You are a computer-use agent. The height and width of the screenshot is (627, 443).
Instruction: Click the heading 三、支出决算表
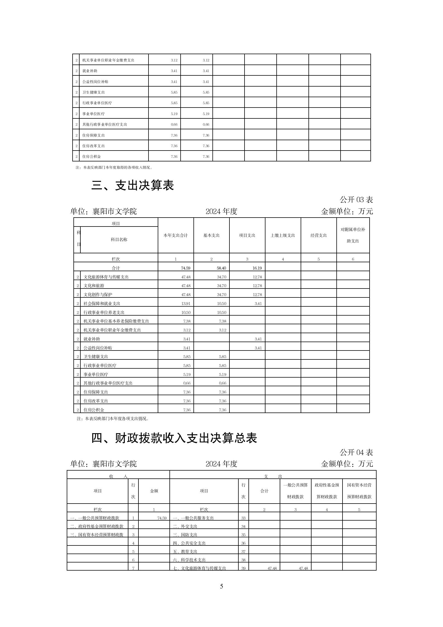[x=133, y=185]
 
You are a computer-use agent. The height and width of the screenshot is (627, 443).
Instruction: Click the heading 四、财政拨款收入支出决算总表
[x=174, y=438]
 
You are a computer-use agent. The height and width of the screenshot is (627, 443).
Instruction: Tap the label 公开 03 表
[x=356, y=200]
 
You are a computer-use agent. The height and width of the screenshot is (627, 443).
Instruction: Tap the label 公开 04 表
[x=356, y=452]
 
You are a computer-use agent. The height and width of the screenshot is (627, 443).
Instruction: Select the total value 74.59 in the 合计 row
[x=185, y=268]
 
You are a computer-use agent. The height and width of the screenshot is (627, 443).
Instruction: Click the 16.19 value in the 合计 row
[x=257, y=268]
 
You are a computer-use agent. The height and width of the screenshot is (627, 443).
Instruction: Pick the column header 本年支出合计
[x=176, y=235]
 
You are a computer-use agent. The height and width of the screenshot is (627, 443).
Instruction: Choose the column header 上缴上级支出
[x=283, y=235]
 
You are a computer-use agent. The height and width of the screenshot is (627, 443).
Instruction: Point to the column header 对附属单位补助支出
[x=353, y=235]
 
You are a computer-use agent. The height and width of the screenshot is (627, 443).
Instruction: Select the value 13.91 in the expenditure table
[x=186, y=304]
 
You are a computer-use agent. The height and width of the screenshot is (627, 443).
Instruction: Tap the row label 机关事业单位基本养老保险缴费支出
[x=116, y=321]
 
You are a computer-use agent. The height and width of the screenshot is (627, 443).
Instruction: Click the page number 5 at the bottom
[x=221, y=587]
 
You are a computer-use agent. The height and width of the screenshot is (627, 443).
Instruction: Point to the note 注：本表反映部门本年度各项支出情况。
[x=113, y=419]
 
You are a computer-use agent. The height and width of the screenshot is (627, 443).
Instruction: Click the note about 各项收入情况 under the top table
[x=114, y=168]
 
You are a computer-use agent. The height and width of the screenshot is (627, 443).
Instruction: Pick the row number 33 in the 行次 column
[x=243, y=518]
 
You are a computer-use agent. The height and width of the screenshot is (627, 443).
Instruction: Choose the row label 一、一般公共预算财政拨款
[x=95, y=518]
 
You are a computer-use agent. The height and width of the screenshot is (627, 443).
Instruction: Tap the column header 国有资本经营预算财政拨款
[x=359, y=491]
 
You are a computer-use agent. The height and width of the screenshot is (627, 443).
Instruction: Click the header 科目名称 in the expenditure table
[x=119, y=240]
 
